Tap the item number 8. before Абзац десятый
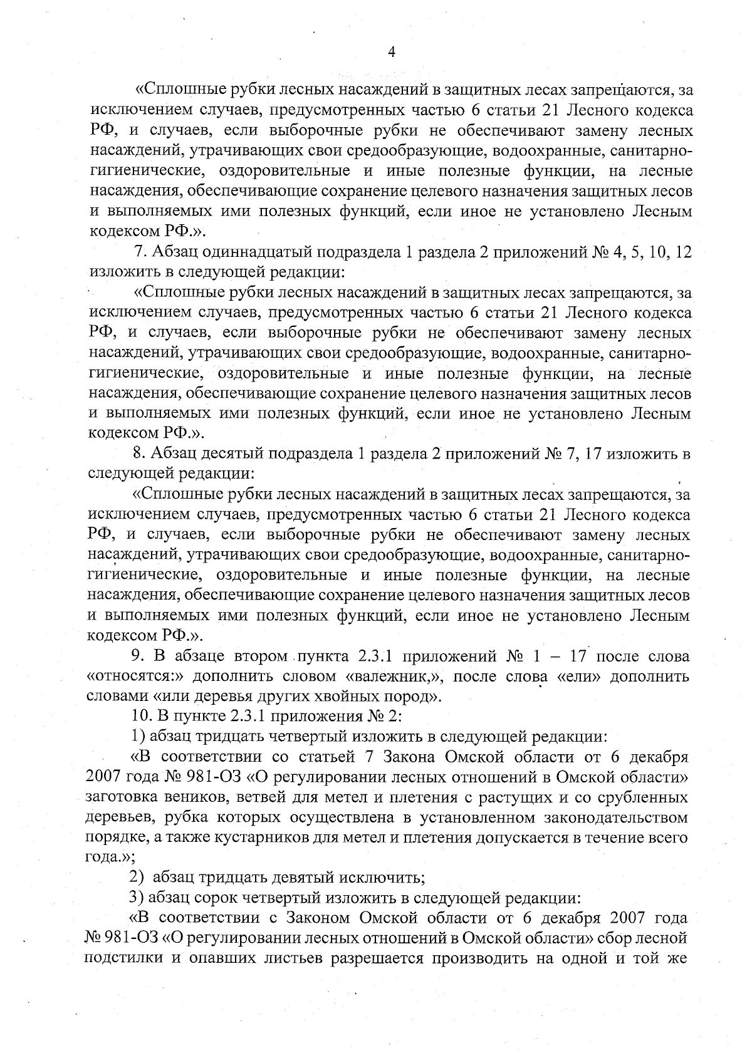coord(138,454)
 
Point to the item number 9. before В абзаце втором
coord(137,656)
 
